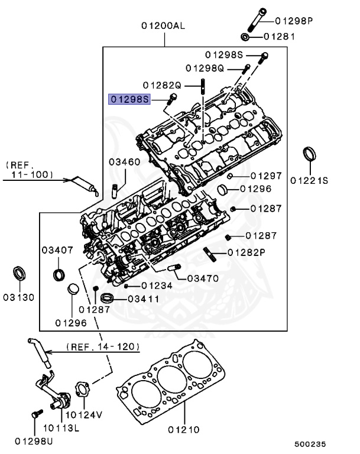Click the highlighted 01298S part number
point(128,99)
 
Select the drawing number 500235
point(310,443)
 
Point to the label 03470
point(203,278)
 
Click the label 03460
point(124,161)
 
